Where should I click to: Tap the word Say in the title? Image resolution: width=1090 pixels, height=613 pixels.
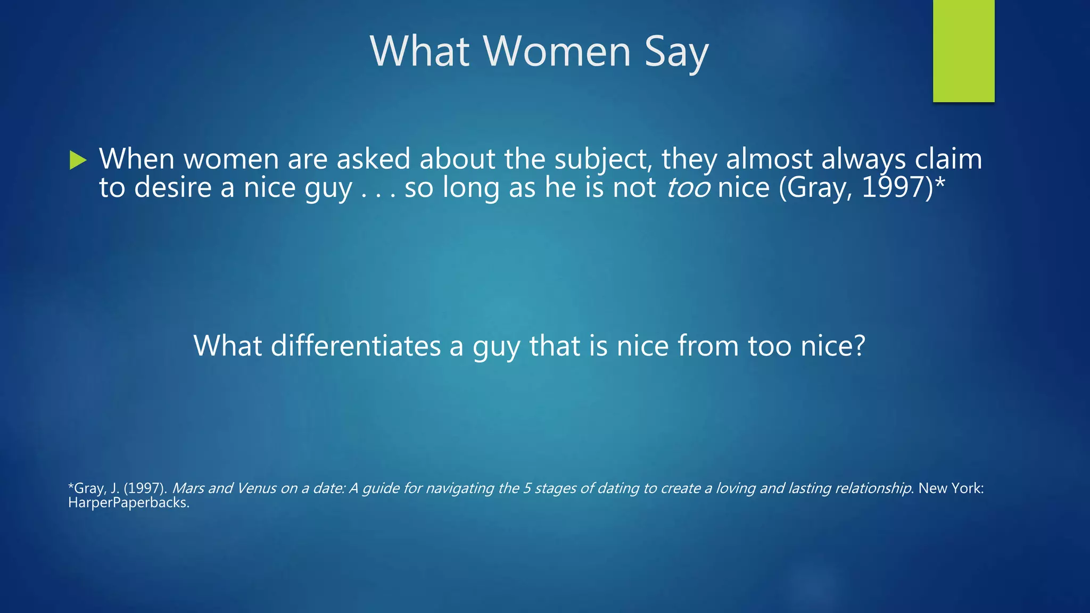click(x=676, y=52)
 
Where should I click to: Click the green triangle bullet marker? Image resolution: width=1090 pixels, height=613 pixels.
click(x=78, y=160)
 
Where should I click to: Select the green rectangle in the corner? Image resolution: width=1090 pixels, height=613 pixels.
click(x=963, y=51)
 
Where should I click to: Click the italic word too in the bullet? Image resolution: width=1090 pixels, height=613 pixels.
click(x=688, y=188)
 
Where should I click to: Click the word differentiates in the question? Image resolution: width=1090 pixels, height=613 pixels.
click(x=356, y=346)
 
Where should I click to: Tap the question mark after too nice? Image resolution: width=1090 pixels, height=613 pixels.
click(x=859, y=346)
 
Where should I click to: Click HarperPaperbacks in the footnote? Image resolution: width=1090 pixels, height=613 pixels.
click(x=128, y=503)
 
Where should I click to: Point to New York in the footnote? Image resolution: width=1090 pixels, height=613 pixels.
click(x=951, y=488)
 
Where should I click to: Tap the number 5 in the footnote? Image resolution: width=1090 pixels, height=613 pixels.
click(x=526, y=488)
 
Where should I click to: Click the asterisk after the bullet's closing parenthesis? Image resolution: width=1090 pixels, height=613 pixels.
click(x=940, y=184)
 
